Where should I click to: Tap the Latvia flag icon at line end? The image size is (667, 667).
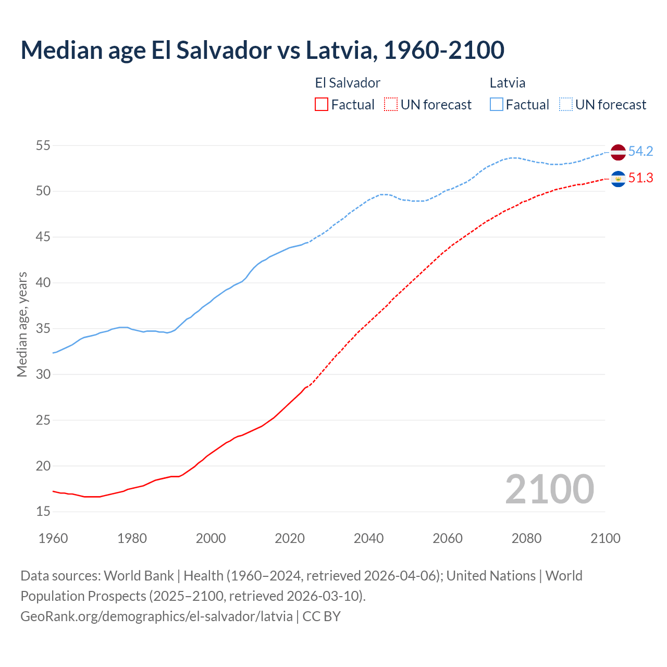618,152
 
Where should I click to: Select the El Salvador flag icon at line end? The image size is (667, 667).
618,179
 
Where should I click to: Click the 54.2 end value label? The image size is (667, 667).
640,152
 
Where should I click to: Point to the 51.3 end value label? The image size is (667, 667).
640,178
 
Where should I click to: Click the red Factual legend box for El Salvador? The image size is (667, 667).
322,105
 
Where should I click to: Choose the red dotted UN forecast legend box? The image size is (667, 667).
391,105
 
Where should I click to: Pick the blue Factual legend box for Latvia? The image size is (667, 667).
497,105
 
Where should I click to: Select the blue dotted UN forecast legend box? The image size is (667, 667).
566,105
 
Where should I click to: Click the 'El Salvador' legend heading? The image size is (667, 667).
348,83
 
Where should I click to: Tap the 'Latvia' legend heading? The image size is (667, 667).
508,83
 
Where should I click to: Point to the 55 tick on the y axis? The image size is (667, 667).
43,145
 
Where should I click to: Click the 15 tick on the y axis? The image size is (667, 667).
43,512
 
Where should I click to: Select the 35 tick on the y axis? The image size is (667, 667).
43,329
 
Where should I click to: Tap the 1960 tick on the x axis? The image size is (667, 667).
53,538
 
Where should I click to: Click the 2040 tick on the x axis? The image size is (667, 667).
368,538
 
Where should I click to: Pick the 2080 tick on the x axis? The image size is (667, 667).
526,538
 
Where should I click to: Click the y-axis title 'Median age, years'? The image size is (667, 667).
22,324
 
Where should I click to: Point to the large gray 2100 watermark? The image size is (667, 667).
550,489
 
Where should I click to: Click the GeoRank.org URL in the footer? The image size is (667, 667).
156,616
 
